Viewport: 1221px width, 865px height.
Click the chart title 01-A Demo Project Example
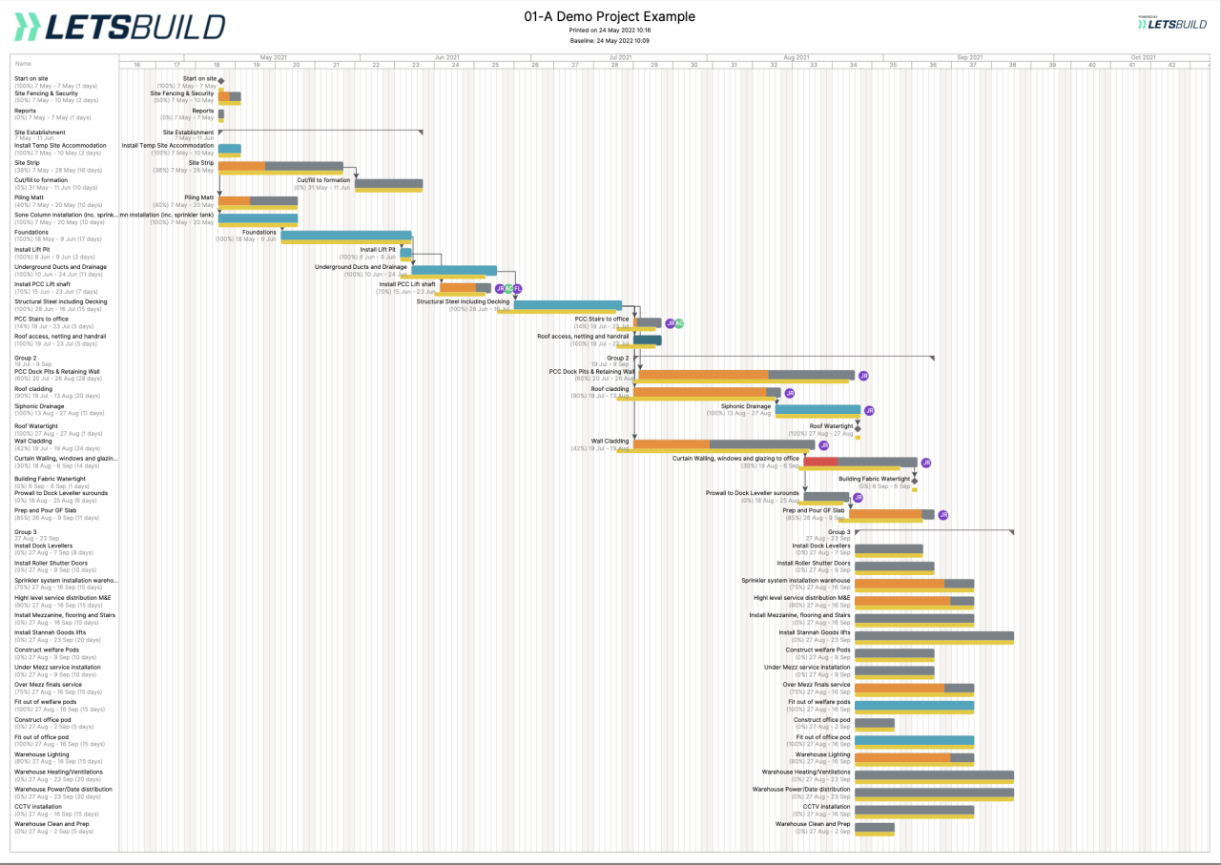610,16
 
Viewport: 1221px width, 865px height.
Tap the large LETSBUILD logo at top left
119,27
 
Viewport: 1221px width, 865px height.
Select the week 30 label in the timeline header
693,65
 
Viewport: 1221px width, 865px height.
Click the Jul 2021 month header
620,57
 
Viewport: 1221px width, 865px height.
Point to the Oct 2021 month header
1142,57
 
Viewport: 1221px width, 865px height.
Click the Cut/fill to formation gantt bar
388,184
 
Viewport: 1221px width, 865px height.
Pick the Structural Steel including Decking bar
568,305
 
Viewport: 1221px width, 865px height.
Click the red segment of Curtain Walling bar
820,462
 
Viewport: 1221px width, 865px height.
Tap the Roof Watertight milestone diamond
858,429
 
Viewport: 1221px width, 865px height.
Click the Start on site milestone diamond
220,81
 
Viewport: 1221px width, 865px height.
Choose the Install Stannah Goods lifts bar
934,636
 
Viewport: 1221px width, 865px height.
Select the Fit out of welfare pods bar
914,706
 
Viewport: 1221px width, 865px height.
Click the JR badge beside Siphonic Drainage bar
869,410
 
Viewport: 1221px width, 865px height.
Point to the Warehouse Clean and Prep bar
875,828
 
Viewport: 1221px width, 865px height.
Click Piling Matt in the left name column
29,197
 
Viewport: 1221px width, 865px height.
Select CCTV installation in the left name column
38,806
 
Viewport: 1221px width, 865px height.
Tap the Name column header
23,64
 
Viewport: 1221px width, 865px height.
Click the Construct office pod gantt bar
875,723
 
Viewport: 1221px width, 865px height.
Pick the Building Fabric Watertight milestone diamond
914,482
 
